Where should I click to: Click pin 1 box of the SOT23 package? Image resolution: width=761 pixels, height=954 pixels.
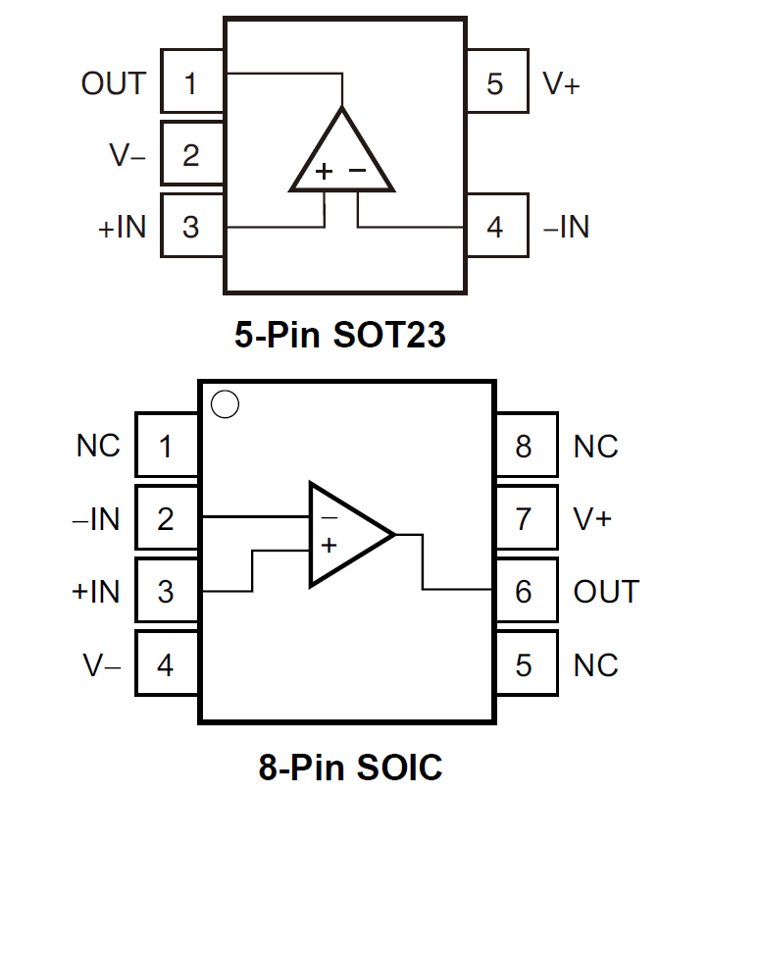click(192, 82)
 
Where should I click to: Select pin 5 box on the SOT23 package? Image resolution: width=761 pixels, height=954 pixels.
click(496, 82)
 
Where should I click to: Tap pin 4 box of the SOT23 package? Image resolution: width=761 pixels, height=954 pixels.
click(496, 227)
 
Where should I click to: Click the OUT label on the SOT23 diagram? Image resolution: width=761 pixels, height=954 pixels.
click(114, 83)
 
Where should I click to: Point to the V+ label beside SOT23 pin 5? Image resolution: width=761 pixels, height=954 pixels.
click(561, 83)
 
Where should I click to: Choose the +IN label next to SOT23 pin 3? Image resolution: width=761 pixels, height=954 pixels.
click(122, 227)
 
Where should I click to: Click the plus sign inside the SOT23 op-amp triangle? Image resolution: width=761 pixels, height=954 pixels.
click(324, 171)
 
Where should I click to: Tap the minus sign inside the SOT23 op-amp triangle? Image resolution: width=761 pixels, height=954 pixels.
click(358, 171)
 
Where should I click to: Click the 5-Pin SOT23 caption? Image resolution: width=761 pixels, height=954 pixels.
click(340, 336)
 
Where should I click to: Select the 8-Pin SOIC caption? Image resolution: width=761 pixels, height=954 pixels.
click(350, 768)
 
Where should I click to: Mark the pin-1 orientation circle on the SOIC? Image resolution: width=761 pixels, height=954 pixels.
click(226, 403)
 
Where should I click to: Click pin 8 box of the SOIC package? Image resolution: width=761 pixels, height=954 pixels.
click(525, 447)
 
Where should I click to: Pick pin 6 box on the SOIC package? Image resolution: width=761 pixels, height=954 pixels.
click(525, 591)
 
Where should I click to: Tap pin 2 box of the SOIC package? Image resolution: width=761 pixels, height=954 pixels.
click(166, 517)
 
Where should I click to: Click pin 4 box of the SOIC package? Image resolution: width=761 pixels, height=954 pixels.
click(166, 664)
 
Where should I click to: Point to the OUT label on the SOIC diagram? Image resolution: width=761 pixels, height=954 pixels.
click(606, 591)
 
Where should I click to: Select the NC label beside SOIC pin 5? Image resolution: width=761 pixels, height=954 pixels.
click(596, 664)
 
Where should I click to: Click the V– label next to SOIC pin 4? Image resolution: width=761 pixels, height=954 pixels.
click(102, 665)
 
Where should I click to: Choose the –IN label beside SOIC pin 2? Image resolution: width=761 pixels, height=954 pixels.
click(96, 517)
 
